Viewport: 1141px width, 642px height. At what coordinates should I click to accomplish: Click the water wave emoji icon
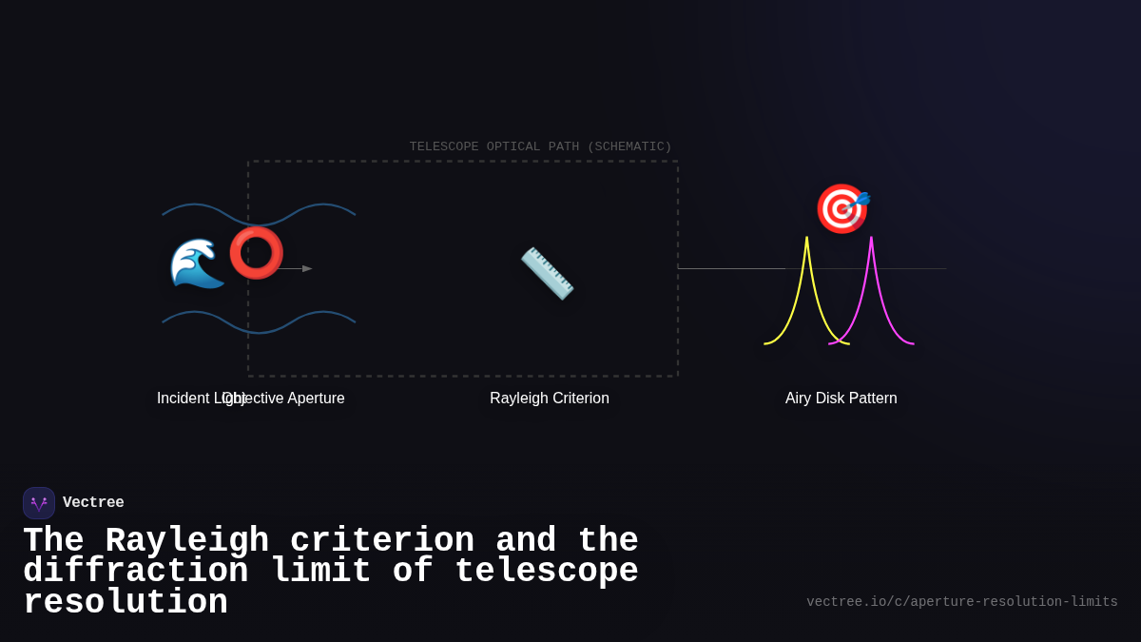point(197,263)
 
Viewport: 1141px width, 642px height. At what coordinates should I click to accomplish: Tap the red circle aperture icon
point(256,253)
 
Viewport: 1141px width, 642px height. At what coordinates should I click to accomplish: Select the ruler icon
point(547,273)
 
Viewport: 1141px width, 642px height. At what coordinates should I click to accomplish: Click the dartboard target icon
point(841,209)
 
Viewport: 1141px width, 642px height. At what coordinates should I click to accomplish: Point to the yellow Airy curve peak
point(807,240)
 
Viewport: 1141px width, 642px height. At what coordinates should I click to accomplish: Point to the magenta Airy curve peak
point(871,240)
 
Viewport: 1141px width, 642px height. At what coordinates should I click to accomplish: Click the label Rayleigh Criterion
point(550,399)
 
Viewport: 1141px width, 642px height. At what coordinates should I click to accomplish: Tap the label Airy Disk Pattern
point(841,399)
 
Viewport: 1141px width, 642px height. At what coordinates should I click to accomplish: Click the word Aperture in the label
point(316,399)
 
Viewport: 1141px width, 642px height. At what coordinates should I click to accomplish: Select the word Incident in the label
point(182,399)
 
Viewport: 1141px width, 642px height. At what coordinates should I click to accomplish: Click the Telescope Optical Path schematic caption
point(540,146)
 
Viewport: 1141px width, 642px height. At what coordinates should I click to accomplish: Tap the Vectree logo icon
point(39,503)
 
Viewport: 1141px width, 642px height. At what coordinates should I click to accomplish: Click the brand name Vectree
point(93,503)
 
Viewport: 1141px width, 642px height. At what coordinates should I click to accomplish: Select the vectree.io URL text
point(962,602)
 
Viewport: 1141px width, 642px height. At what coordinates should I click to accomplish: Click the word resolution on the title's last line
point(126,603)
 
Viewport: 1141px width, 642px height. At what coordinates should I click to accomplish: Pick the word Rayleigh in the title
point(187,541)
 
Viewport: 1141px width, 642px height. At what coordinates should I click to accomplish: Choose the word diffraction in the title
point(136,572)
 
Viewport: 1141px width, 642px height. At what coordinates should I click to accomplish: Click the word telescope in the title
point(547,572)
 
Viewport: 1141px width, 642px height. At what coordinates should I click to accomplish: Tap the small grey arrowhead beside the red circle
point(307,269)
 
